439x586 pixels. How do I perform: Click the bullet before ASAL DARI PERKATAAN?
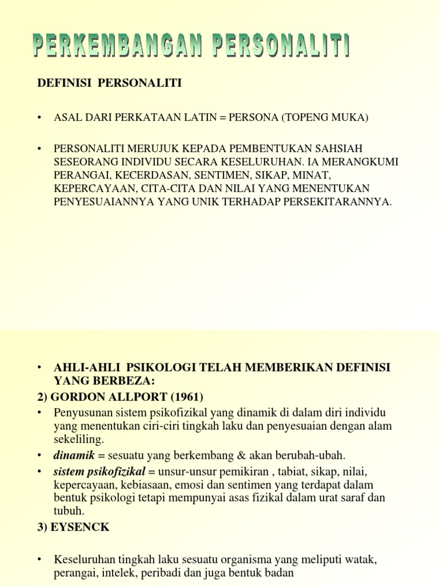pyautogui.click(x=39, y=118)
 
